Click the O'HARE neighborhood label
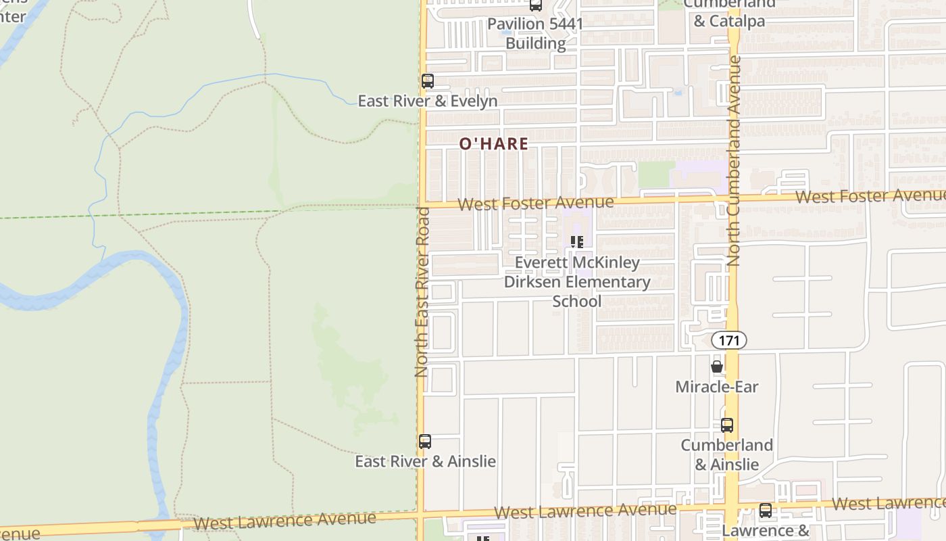tap(494, 144)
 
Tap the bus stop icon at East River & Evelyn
tap(428, 81)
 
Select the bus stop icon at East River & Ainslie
tap(425, 442)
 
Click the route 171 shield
tap(729, 341)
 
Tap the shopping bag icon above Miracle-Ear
tap(717, 367)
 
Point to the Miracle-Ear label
tap(717, 387)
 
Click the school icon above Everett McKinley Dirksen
tap(577, 242)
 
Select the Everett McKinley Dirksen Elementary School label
tap(577, 281)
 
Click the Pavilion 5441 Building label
tap(535, 34)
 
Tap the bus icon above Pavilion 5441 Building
tap(536, 5)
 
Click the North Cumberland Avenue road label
tap(735, 160)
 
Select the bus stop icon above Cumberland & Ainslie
tap(727, 425)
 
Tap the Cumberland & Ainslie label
tap(727, 454)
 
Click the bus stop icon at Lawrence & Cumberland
tap(766, 511)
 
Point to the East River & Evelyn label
tap(428, 101)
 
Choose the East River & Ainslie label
tap(426, 462)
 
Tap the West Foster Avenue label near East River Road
tap(535, 203)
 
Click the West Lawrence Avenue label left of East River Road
tap(284, 521)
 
